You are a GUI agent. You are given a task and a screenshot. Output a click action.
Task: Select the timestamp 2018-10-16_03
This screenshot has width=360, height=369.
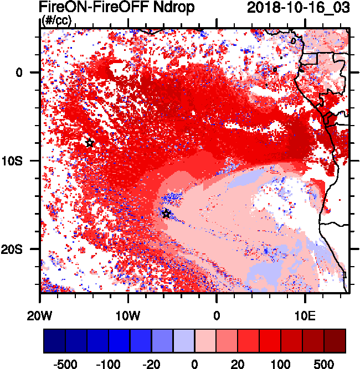pos(299,8)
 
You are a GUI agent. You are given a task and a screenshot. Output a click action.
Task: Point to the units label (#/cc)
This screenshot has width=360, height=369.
pos(56,22)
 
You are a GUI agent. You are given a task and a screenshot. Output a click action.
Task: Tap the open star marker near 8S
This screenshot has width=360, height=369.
pos(90,143)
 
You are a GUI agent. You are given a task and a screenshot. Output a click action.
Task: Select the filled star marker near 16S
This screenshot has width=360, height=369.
pos(166,214)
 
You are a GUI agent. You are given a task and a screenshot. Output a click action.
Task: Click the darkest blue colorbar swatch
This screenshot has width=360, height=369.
pos(54,341)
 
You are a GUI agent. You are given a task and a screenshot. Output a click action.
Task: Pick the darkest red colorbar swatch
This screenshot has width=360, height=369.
pos(335,341)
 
